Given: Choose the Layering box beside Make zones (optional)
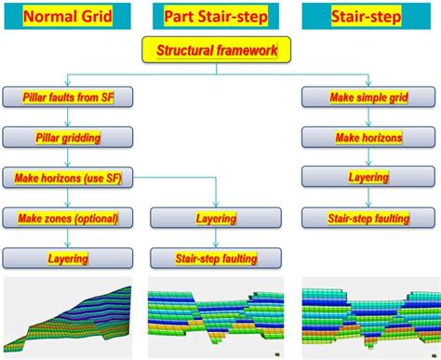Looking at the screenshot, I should click(216, 218).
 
